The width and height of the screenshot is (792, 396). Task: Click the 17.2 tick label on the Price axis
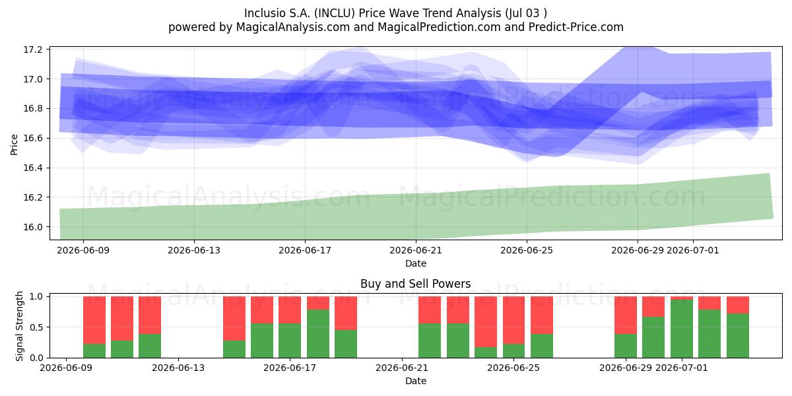33,49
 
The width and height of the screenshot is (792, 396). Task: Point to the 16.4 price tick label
33,168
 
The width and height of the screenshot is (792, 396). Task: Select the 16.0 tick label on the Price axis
33,227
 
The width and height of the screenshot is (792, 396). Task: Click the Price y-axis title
14,145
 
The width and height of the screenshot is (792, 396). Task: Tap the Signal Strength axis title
19,326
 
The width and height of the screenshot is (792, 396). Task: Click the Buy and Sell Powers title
415,284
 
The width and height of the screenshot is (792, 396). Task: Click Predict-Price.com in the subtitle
576,27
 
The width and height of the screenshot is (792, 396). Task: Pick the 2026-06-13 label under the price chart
194,250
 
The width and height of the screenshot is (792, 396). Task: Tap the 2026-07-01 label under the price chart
692,250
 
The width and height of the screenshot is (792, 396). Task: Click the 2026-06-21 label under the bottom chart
402,368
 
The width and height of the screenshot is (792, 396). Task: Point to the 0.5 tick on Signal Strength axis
37,327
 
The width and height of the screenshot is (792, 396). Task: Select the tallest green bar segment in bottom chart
682,329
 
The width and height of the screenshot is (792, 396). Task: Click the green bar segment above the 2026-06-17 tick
290,341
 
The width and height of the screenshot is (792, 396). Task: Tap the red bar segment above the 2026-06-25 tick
513,320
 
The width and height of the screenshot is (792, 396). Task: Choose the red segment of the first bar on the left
94,320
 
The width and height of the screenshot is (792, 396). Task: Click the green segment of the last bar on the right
738,335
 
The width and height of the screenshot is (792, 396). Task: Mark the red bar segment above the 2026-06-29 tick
626,315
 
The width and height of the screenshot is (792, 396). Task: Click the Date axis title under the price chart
415,263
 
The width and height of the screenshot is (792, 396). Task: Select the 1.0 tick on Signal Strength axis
37,296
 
